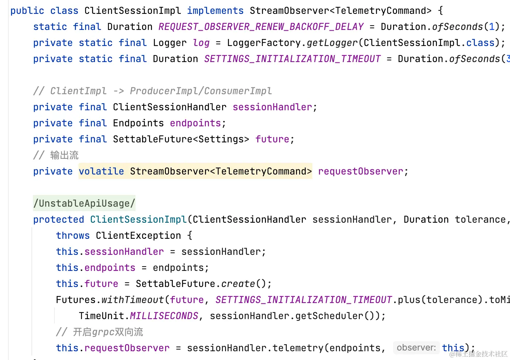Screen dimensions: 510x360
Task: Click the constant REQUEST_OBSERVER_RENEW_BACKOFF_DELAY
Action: (261, 27)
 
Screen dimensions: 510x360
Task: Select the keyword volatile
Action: (101, 171)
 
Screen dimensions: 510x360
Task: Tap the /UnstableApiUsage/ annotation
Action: (84, 203)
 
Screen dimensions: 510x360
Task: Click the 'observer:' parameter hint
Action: (416, 348)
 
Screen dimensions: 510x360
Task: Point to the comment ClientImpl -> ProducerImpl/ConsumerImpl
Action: (152, 91)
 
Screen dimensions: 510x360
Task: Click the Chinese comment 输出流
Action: (64, 155)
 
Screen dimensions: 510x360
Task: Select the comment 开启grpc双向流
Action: (108, 332)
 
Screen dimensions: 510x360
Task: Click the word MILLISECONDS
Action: (164, 316)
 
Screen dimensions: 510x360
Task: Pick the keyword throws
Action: (73, 235)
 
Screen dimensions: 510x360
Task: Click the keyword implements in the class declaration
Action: (215, 11)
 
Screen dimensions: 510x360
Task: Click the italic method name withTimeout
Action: (133, 300)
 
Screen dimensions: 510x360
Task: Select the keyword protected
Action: (58, 219)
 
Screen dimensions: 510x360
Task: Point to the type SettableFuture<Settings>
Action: (181, 139)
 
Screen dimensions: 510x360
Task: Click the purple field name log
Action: (201, 43)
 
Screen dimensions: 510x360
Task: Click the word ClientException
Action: (138, 235)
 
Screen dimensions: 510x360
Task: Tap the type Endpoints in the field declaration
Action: (138, 123)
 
